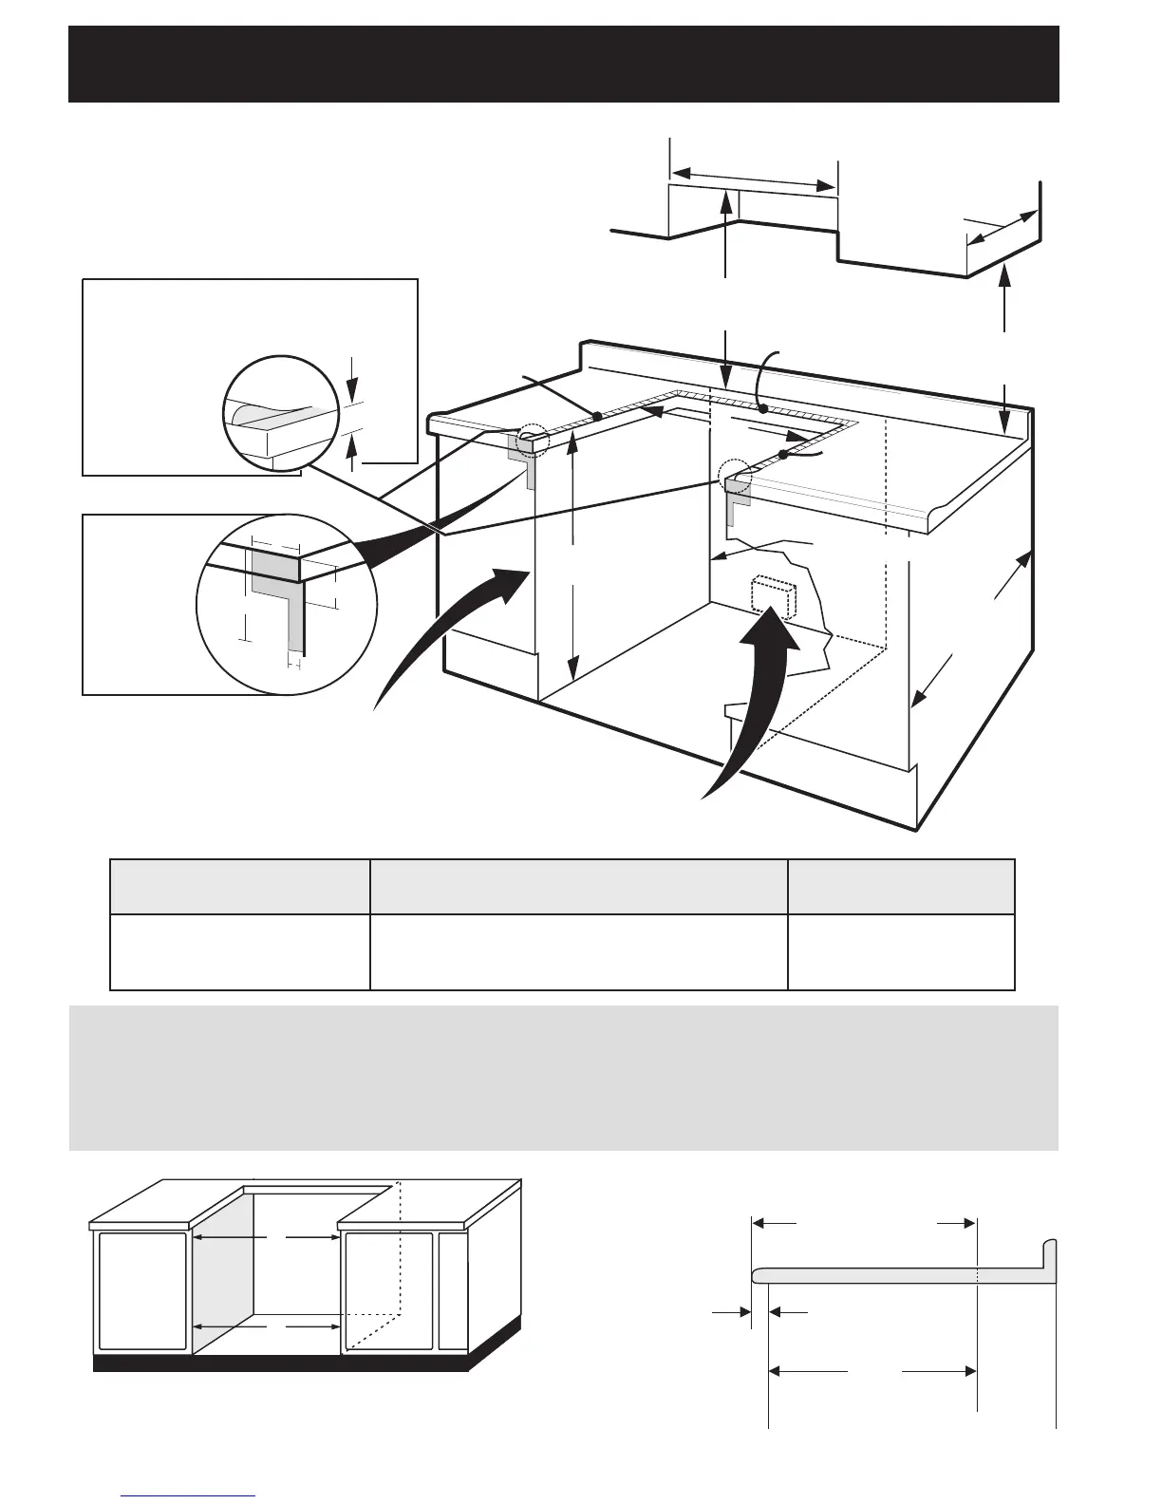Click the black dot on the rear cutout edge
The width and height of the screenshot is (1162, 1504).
pos(763,410)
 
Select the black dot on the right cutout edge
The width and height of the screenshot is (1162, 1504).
pos(784,456)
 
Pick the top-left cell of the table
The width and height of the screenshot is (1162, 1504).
pos(240,887)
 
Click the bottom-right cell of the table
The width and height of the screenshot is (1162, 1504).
pos(901,952)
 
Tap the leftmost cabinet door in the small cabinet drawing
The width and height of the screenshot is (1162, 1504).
pos(142,1290)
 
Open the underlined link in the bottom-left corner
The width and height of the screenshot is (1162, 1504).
pos(189,1496)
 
